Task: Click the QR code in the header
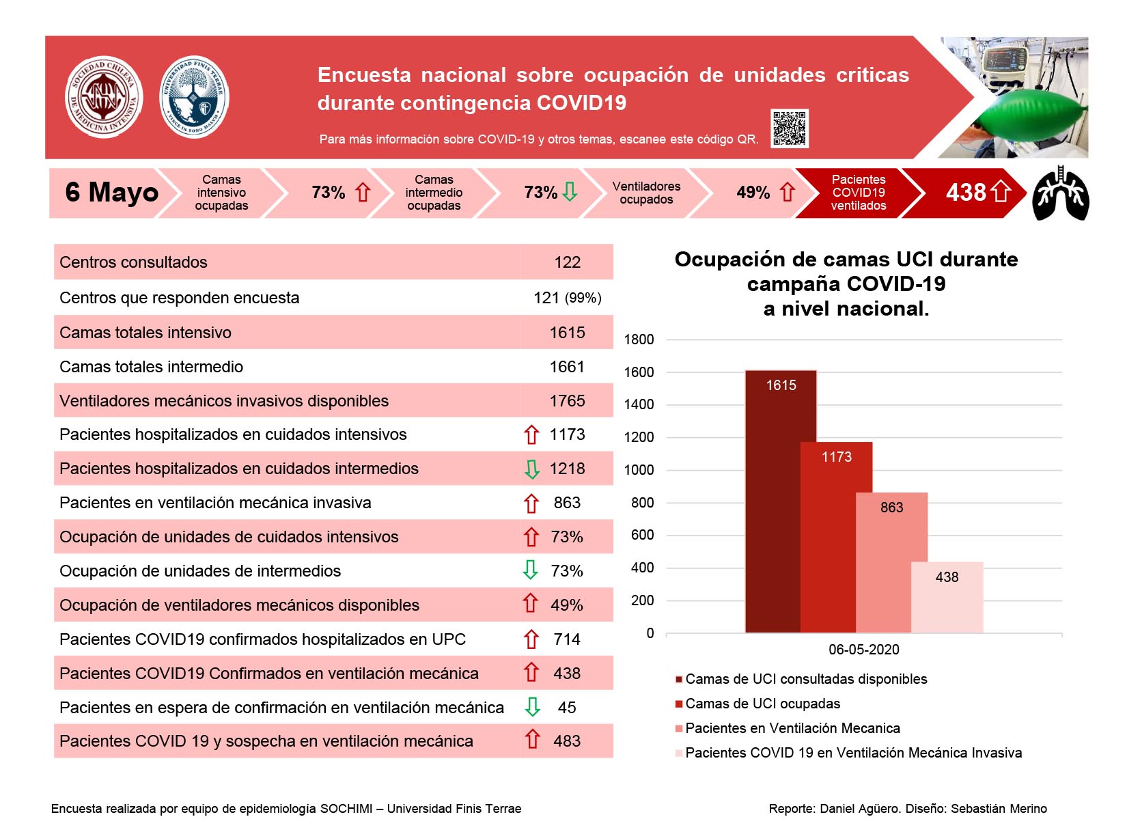(789, 128)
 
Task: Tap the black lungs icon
(1061, 193)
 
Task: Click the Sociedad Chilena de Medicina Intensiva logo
(104, 96)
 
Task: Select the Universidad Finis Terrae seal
(194, 96)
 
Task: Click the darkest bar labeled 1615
(773, 501)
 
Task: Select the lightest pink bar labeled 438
(947, 597)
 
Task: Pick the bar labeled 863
(892, 563)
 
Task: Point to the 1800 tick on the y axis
(639, 339)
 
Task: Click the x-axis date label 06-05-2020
(864, 650)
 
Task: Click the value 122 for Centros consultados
(567, 262)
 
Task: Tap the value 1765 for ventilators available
(567, 401)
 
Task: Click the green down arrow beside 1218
(531, 469)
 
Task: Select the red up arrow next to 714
(531, 639)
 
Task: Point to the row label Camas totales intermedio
(152, 367)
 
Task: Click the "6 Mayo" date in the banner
(112, 192)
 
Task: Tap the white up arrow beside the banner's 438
(1001, 192)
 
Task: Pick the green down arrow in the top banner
(570, 191)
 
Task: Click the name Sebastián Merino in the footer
(999, 809)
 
